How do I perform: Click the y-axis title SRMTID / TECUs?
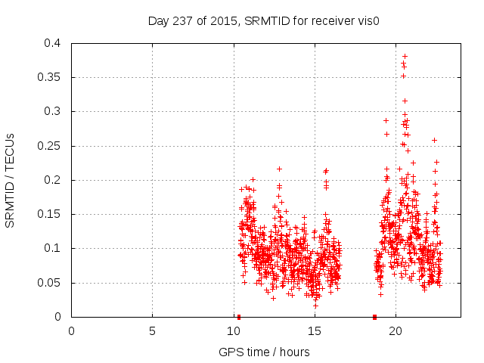pyautogui.click(x=11, y=180)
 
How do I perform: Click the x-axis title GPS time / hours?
pyautogui.click(x=264, y=352)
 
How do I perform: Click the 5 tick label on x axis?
pyautogui.click(x=152, y=330)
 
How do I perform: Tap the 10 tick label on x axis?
pyautogui.click(x=233, y=330)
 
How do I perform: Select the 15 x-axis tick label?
pyautogui.click(x=314, y=330)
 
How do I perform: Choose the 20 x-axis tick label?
pyautogui.click(x=395, y=330)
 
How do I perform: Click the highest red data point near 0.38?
pyautogui.click(x=405, y=56)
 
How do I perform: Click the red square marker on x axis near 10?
pyautogui.click(x=239, y=317)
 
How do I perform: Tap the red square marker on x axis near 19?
pyautogui.click(x=374, y=317)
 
